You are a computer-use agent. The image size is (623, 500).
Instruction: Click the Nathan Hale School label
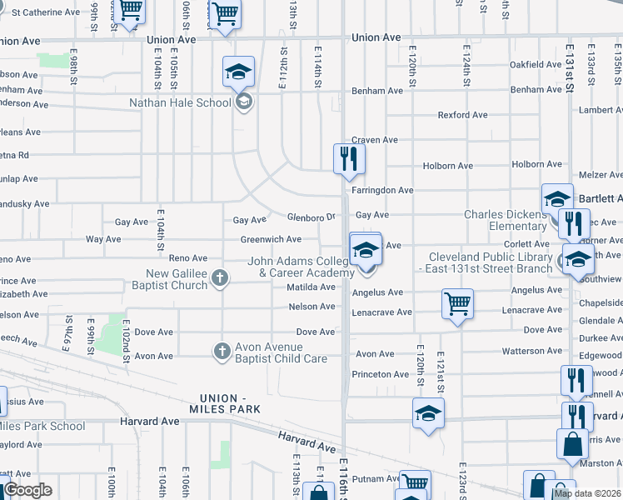pyautogui.click(x=180, y=103)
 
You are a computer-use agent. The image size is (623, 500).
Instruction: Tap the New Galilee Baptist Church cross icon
pyautogui.click(x=219, y=277)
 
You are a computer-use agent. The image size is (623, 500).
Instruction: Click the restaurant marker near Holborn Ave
pyautogui.click(x=349, y=158)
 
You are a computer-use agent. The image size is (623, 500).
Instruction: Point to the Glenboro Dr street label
pyautogui.click(x=311, y=217)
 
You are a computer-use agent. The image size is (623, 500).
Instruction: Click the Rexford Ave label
pyautogui.click(x=462, y=115)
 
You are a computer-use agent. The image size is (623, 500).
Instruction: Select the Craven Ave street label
pyautogui.click(x=374, y=140)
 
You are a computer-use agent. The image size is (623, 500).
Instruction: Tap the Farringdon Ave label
pyautogui.click(x=382, y=190)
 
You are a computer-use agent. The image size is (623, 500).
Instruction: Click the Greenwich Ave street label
pyautogui.click(x=271, y=239)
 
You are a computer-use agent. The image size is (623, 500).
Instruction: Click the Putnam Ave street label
pyautogui.click(x=376, y=479)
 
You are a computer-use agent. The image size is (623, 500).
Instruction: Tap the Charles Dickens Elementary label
pyautogui.click(x=506, y=220)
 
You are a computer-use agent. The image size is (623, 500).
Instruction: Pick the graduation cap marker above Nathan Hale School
pyautogui.click(x=238, y=73)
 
